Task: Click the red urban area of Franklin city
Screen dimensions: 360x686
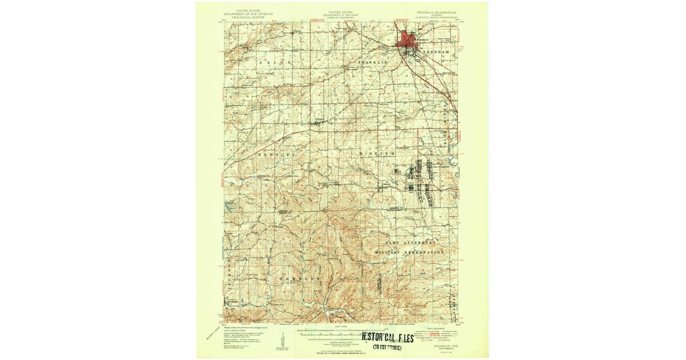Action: tap(408, 41)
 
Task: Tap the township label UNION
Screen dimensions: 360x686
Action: tap(276, 62)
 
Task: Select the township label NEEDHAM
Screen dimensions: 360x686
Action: tap(437, 51)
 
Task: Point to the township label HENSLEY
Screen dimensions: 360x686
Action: tap(277, 155)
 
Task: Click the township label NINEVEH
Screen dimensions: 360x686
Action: tap(377, 154)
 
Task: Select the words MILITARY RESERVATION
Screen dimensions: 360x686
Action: tap(409, 252)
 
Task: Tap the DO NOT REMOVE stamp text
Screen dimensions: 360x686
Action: tap(387, 347)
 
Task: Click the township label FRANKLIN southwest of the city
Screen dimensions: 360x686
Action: tap(373, 62)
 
